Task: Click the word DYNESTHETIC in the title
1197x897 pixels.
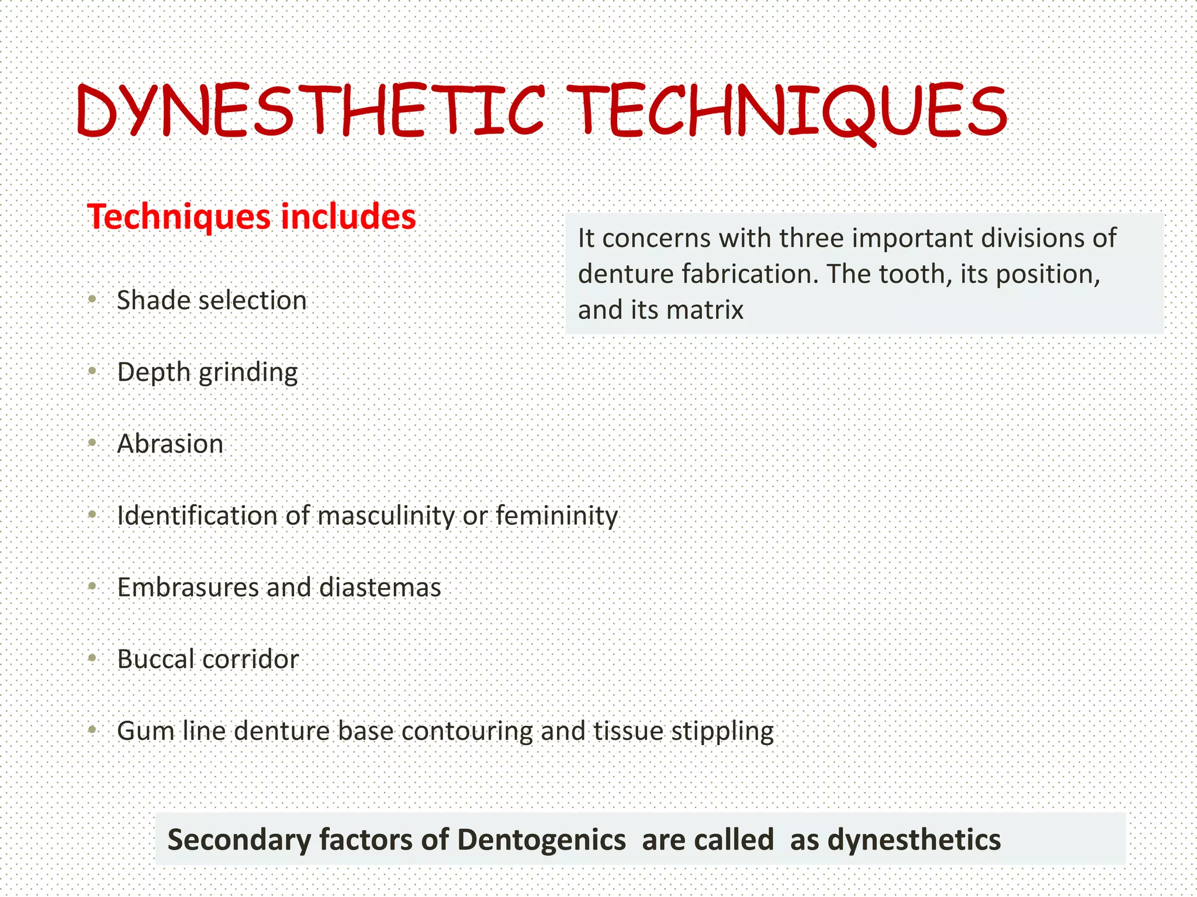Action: click(x=310, y=111)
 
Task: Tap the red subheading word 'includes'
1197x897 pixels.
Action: click(x=348, y=217)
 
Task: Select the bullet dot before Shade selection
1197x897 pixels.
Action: click(x=92, y=300)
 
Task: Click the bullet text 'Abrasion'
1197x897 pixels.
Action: click(x=170, y=444)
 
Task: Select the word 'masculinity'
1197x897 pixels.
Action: click(x=386, y=516)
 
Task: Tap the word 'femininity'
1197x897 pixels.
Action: click(x=556, y=516)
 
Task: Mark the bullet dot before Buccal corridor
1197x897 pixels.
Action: click(x=92, y=658)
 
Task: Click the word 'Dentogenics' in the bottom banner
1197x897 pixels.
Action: click(x=541, y=840)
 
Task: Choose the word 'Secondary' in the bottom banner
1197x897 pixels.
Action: click(x=240, y=840)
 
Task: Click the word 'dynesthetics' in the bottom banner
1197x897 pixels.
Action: click(x=914, y=840)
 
